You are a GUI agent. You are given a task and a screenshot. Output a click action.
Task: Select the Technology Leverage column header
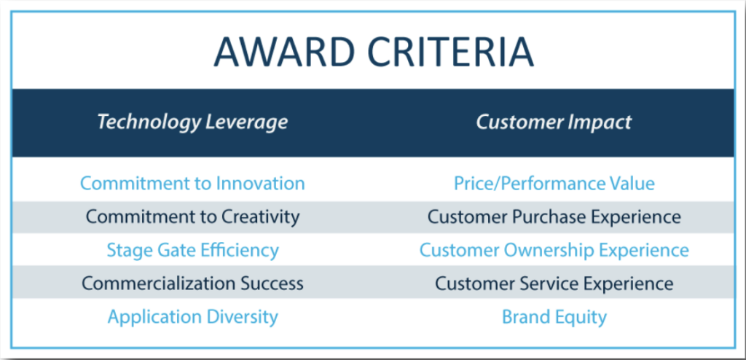pyautogui.click(x=192, y=122)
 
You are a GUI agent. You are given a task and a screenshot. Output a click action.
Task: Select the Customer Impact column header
pyautogui.click(x=554, y=122)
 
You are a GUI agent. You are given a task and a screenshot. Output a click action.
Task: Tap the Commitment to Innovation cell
pyautogui.click(x=192, y=183)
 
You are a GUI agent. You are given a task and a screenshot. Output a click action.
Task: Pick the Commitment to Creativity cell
pyautogui.click(x=192, y=216)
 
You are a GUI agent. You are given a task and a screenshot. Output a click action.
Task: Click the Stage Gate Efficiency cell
pyautogui.click(x=192, y=250)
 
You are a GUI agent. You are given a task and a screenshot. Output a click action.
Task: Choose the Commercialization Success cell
pyautogui.click(x=192, y=283)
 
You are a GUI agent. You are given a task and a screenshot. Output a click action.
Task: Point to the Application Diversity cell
pyautogui.click(x=192, y=317)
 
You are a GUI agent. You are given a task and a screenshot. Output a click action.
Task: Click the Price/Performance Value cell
pyautogui.click(x=554, y=183)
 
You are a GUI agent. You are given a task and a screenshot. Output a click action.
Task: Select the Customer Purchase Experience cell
pyautogui.click(x=554, y=216)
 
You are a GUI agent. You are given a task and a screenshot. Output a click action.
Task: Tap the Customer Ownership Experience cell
pyautogui.click(x=554, y=250)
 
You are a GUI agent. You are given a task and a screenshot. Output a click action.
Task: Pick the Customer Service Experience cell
pyautogui.click(x=554, y=283)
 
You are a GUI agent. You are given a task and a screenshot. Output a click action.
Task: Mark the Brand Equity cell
pyautogui.click(x=554, y=317)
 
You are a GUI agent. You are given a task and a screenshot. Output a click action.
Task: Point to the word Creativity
pyautogui.click(x=259, y=216)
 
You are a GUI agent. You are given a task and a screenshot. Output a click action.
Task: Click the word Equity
pyautogui.click(x=581, y=317)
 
